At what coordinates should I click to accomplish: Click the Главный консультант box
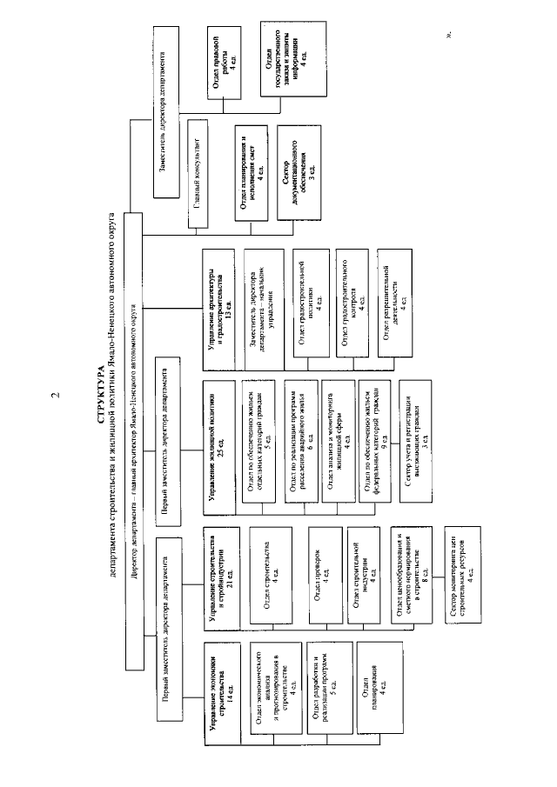[198, 172]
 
